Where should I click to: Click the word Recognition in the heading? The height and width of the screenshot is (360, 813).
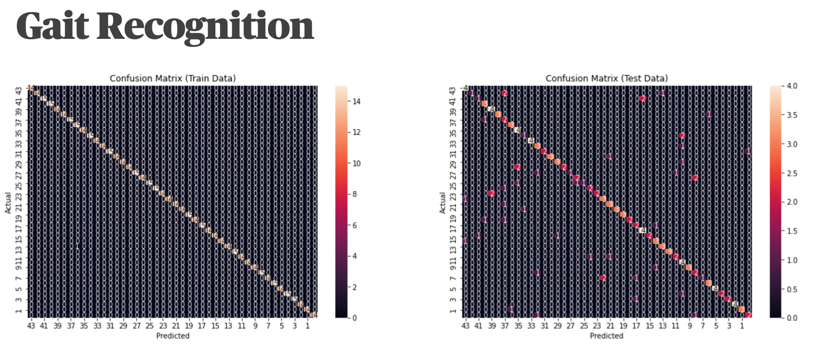click(x=205, y=27)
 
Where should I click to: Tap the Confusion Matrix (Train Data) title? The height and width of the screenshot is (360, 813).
click(x=172, y=79)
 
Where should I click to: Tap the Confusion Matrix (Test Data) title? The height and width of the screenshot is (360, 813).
click(x=607, y=79)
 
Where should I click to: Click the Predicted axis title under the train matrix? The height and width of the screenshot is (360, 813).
click(x=172, y=336)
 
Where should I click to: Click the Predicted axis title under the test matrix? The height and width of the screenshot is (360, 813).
click(x=607, y=336)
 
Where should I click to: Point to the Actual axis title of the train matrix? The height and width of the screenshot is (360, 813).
click(x=8, y=202)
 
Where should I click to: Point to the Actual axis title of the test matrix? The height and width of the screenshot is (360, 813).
click(x=442, y=202)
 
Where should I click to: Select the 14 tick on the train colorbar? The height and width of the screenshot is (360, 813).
click(x=356, y=101)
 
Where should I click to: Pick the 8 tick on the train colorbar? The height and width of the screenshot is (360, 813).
click(x=354, y=194)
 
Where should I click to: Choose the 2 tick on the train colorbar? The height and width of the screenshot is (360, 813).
click(x=354, y=287)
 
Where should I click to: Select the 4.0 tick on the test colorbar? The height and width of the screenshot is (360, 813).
click(x=792, y=86)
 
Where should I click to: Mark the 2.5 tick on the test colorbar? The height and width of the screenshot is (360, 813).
click(x=792, y=173)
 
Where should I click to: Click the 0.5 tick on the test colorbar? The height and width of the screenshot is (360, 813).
click(x=792, y=289)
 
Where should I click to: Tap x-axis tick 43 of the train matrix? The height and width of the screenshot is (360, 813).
click(x=31, y=326)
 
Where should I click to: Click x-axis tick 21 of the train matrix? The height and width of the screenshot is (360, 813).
click(x=176, y=326)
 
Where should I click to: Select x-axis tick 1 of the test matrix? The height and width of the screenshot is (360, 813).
click(x=742, y=326)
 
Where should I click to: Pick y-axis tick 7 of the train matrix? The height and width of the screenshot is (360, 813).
click(x=18, y=278)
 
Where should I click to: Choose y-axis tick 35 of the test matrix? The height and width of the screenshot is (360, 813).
click(x=453, y=133)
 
